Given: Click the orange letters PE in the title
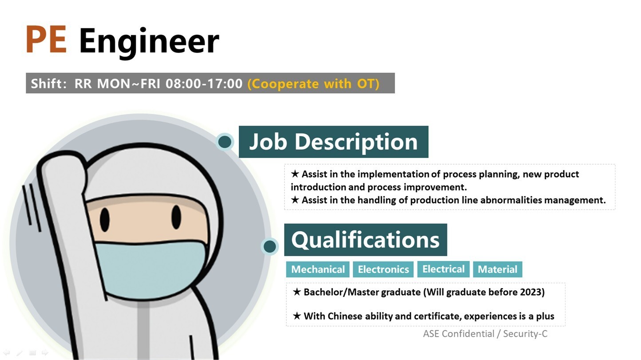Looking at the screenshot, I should click(46, 40).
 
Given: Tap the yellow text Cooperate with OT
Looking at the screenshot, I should click(313, 83).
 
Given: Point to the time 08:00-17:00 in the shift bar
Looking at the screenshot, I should click(204, 83).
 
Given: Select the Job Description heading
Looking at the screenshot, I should click(333, 142).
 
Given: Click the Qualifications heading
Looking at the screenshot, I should click(365, 240).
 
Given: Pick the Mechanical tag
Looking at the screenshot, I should click(318, 269).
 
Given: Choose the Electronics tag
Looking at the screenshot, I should click(383, 269).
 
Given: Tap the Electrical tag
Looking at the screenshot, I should click(443, 269).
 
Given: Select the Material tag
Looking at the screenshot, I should click(497, 269).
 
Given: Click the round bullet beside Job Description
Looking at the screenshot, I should click(225, 142).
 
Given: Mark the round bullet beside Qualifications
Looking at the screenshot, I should click(269, 246).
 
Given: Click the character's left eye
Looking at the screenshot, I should click(105, 219).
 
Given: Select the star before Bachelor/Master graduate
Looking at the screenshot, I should click(297, 292).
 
